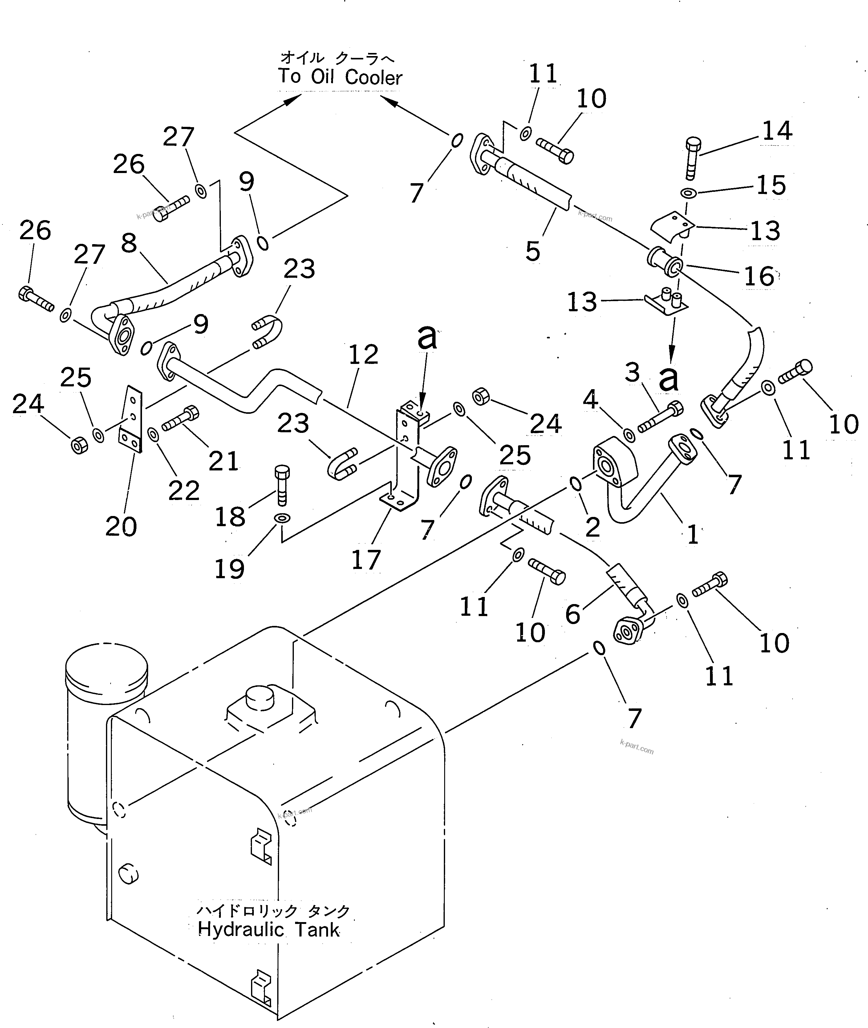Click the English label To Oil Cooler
(340, 78)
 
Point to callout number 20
(121, 527)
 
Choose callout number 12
(364, 355)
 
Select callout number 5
(533, 251)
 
